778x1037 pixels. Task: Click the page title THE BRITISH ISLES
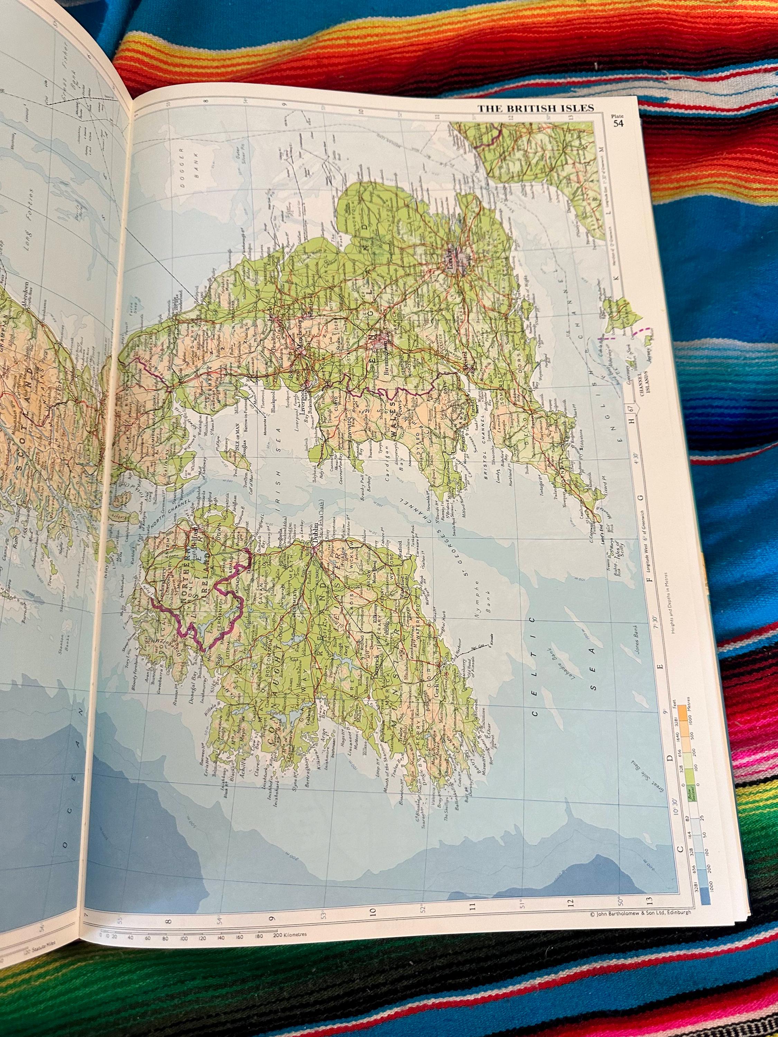click(x=536, y=108)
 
